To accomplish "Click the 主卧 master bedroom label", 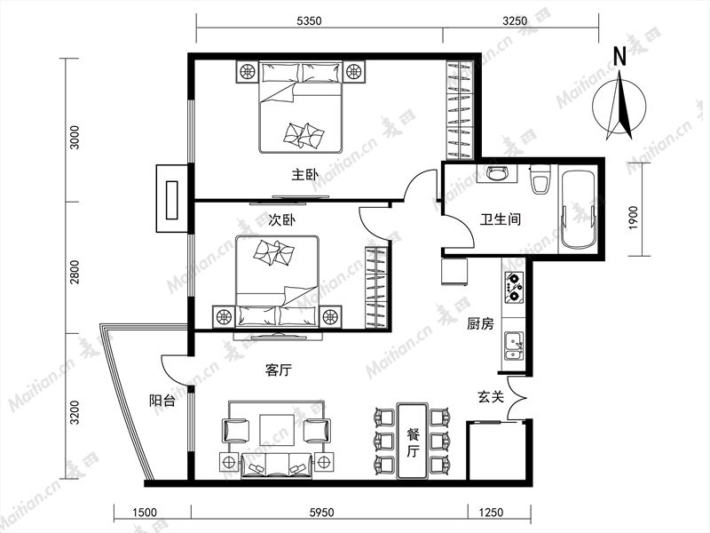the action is (x=304, y=174).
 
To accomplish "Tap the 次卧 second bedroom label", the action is (x=281, y=219).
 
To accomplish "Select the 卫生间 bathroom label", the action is (x=501, y=219).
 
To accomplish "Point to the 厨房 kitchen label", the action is (x=480, y=323).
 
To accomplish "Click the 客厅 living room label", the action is (x=279, y=370).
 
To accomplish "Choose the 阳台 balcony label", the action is (x=162, y=401).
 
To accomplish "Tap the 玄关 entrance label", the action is (x=491, y=397).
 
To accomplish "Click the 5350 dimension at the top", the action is (x=309, y=20).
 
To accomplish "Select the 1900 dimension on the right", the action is (x=633, y=218).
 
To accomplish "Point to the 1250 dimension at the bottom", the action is (x=491, y=513).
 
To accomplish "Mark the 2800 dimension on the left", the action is (x=75, y=272).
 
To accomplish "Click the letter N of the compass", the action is (x=619, y=57).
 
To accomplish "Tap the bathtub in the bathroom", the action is (x=578, y=210).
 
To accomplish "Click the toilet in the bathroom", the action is (x=540, y=179).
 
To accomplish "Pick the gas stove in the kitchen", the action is (x=514, y=287).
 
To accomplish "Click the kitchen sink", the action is (x=514, y=346).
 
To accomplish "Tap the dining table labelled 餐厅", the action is (x=413, y=441).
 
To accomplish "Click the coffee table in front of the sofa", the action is (x=276, y=430).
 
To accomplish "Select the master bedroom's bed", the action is (x=300, y=107).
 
